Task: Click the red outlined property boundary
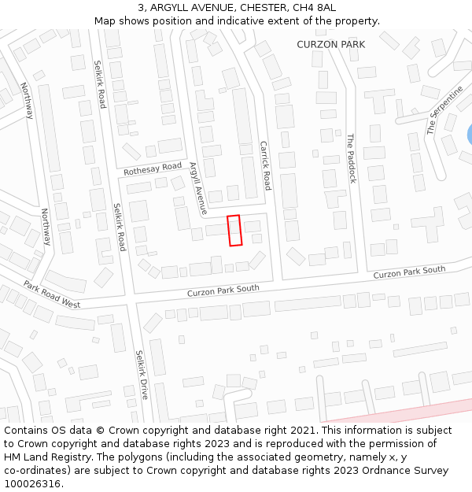(x=234, y=231)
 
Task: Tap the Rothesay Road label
(x=153, y=169)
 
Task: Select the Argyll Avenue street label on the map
(x=197, y=189)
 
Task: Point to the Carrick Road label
(x=265, y=165)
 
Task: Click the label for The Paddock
(x=352, y=158)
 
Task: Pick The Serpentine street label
(x=444, y=111)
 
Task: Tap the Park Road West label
(x=52, y=294)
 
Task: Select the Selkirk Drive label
(x=142, y=375)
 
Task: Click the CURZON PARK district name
(x=330, y=45)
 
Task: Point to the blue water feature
(x=470, y=135)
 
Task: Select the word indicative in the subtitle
(x=280, y=20)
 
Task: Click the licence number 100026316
(x=33, y=483)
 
